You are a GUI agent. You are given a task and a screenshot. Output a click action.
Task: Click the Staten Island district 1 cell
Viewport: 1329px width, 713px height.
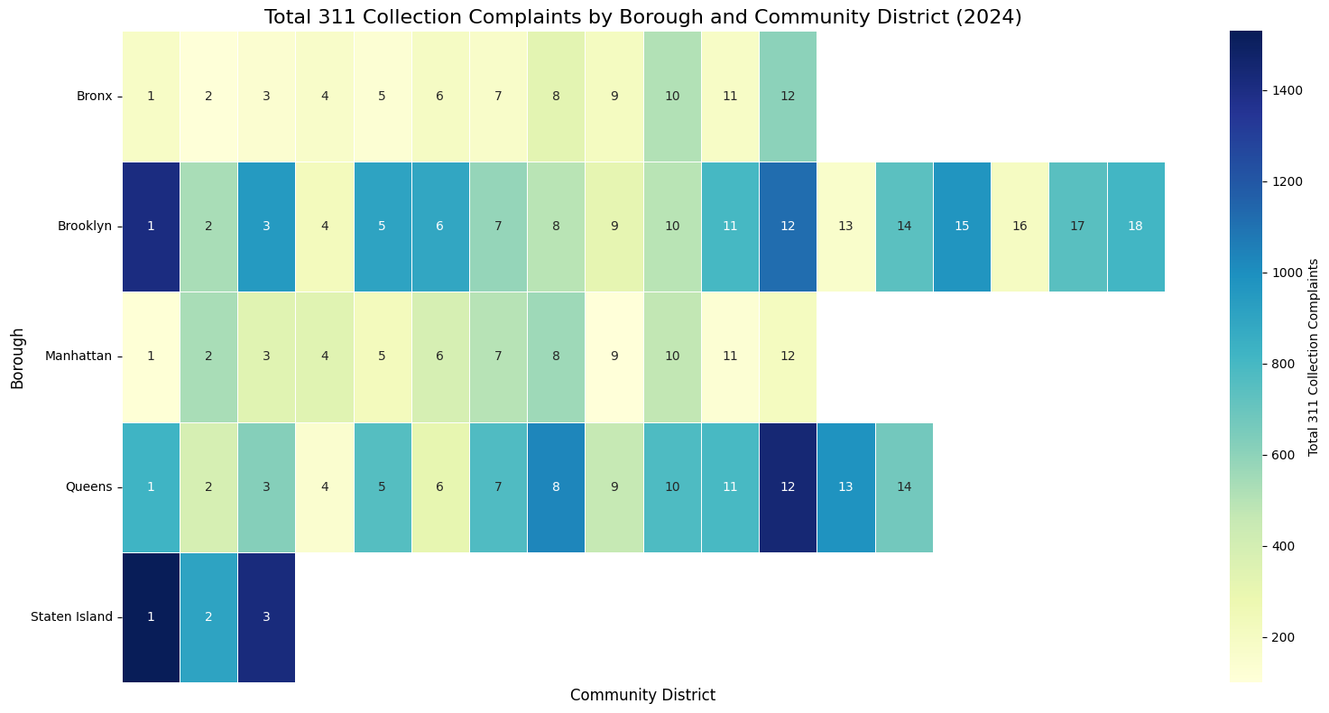(151, 617)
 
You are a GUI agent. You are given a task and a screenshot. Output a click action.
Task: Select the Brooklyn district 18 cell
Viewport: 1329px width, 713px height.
(1135, 227)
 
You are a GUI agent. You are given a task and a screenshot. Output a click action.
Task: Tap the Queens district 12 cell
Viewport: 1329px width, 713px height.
(788, 487)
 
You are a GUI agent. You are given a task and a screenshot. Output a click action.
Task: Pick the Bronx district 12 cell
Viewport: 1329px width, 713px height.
(788, 97)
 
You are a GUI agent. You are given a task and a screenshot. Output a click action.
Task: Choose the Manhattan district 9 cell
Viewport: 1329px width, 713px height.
(614, 356)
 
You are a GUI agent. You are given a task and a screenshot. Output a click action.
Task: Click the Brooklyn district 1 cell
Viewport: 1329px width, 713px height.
(151, 227)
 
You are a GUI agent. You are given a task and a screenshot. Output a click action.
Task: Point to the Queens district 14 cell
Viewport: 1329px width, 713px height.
(904, 487)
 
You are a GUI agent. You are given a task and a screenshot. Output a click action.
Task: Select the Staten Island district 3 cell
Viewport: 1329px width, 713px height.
(266, 617)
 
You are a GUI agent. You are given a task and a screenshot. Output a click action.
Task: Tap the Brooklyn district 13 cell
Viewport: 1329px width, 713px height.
(845, 227)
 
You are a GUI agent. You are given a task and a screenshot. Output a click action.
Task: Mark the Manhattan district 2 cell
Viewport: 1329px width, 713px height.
(208, 356)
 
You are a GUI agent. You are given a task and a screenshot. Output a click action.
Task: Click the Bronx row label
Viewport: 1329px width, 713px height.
(94, 97)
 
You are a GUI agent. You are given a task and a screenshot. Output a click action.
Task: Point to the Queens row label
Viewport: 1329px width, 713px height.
(88, 487)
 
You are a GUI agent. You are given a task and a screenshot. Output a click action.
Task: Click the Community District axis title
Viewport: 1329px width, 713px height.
(642, 695)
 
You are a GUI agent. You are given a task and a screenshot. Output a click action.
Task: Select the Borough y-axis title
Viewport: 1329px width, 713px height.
(18, 356)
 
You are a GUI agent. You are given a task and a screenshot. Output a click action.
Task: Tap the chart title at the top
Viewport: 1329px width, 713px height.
(642, 17)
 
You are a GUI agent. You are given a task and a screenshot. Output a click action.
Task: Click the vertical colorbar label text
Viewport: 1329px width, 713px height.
(1314, 356)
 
